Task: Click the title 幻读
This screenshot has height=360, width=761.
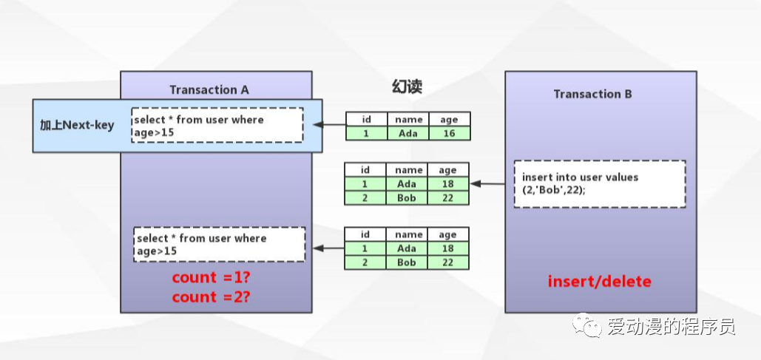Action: (407, 87)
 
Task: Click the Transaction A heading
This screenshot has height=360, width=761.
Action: (209, 90)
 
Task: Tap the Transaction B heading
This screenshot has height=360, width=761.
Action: (592, 94)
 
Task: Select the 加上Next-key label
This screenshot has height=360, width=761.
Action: (77, 124)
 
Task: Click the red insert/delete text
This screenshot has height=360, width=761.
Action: (600, 282)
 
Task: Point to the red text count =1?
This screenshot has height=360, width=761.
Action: (212, 278)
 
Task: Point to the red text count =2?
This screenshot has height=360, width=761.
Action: (212, 297)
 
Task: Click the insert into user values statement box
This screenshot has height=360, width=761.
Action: (600, 183)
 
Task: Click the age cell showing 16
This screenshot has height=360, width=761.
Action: (448, 134)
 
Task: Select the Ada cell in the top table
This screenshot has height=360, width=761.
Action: (407, 134)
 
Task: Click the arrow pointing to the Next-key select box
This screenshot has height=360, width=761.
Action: (330, 125)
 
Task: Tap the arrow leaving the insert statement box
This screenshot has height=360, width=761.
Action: (492, 183)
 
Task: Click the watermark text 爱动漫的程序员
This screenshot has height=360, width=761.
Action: (672, 326)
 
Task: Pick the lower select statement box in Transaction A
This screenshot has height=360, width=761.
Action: (220, 245)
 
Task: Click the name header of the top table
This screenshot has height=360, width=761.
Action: (408, 120)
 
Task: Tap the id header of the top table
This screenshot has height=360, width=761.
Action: (366, 120)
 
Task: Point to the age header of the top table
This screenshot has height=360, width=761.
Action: (448, 120)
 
